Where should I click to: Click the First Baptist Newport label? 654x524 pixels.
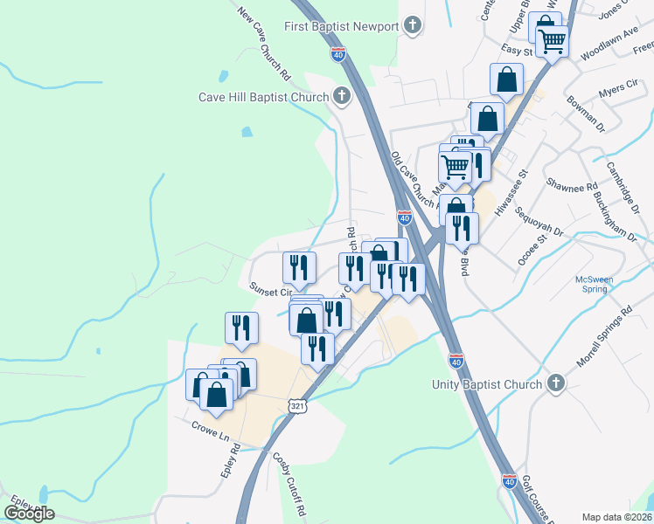click(x=341, y=25)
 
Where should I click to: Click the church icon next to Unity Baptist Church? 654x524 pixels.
click(x=554, y=383)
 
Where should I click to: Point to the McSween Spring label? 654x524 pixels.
click(x=596, y=285)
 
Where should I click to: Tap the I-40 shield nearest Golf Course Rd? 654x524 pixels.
click(x=509, y=479)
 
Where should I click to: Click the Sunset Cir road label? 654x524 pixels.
click(x=270, y=289)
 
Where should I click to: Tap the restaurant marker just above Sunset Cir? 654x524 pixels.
click(x=299, y=266)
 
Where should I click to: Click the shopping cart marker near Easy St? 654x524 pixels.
click(x=552, y=40)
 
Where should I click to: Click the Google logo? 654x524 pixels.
click(x=30, y=513)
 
